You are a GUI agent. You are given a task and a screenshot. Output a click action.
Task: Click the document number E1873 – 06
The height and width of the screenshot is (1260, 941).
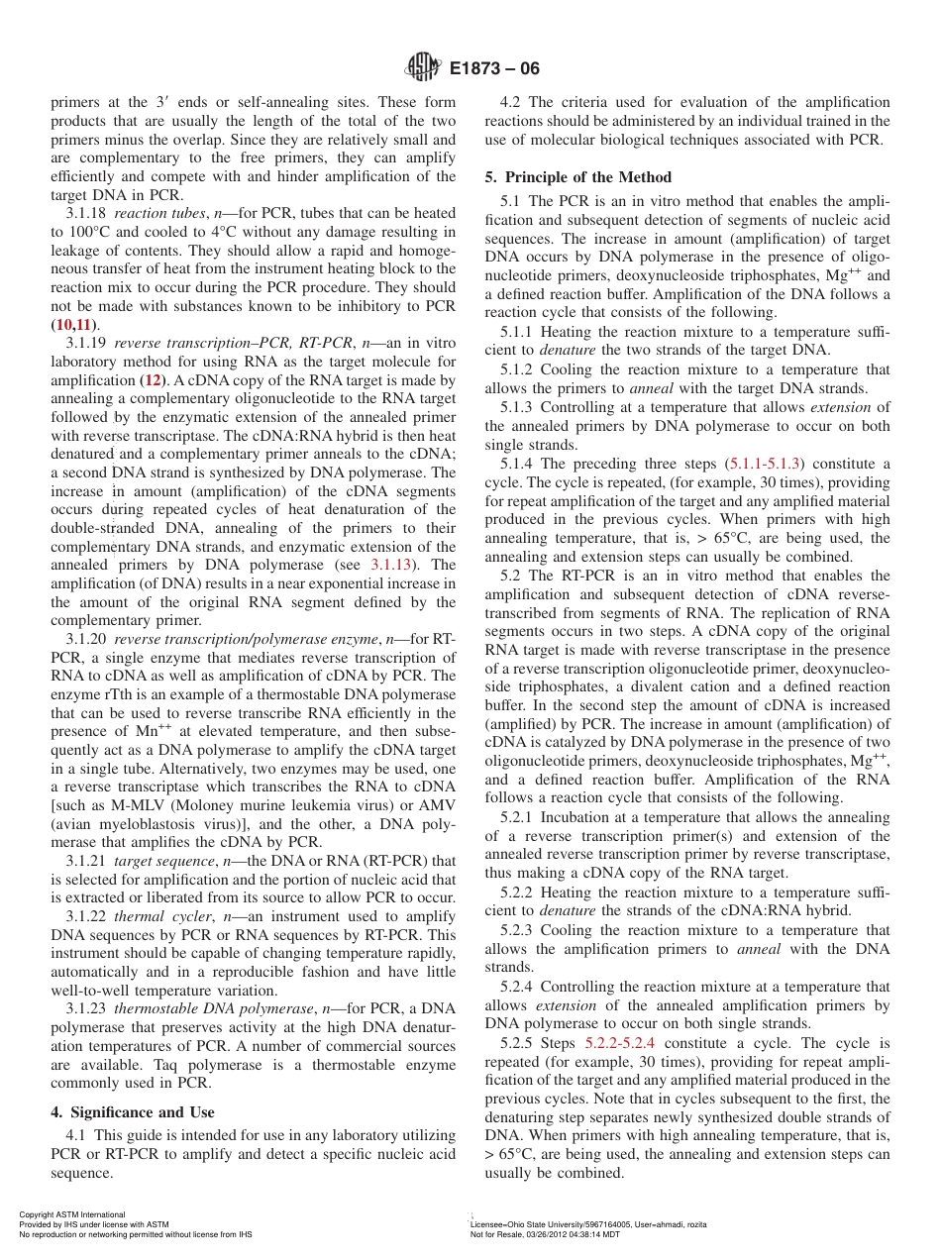pos(494,69)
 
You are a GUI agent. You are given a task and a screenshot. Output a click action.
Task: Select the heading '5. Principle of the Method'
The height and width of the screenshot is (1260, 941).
pos(577,177)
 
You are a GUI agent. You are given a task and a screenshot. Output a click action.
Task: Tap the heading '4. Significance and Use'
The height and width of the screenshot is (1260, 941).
pos(133,1112)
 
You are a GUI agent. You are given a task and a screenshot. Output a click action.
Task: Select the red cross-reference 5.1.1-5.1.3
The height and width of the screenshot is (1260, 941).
pos(766,464)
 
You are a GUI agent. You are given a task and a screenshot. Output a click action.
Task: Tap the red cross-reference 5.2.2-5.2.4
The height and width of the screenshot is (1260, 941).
pos(619,1043)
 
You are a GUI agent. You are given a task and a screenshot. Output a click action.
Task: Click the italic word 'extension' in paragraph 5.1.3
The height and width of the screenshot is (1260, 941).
pos(841,407)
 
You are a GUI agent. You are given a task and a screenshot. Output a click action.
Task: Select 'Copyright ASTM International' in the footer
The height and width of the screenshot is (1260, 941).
pos(71,1214)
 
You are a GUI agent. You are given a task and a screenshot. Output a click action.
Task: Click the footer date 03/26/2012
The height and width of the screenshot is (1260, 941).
pos(540,1234)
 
